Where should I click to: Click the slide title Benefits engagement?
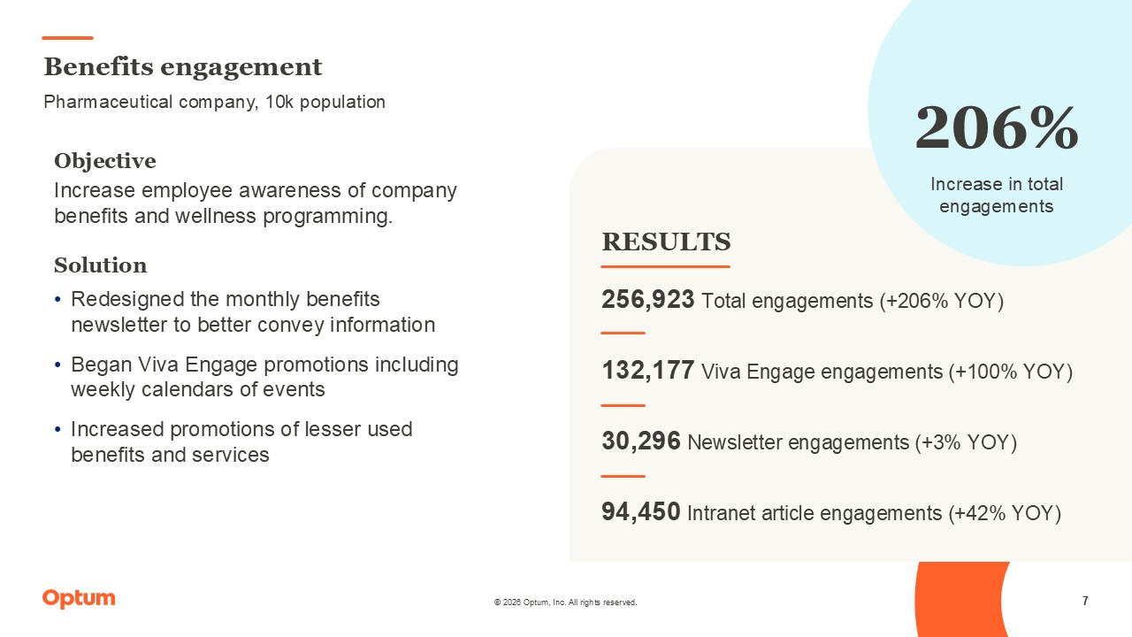pyautogui.click(x=183, y=67)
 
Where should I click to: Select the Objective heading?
pyautogui.click(x=104, y=161)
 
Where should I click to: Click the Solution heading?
pyautogui.click(x=100, y=265)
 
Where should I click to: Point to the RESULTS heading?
pyautogui.click(x=666, y=242)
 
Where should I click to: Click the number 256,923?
pyautogui.click(x=647, y=300)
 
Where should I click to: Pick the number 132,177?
pyautogui.click(x=647, y=371)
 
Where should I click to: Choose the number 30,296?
pyautogui.click(x=640, y=441)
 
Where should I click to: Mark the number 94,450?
pyautogui.click(x=640, y=512)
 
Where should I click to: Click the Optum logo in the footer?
pyautogui.click(x=79, y=599)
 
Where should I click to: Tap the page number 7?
pyautogui.click(x=1085, y=602)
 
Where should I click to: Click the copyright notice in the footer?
pyautogui.click(x=565, y=602)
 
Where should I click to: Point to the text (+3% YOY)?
pyautogui.click(x=966, y=442)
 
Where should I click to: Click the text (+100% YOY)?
pyautogui.click(x=1010, y=372)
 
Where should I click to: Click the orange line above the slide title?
pyautogui.click(x=67, y=38)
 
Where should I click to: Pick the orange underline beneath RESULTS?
pyautogui.click(x=666, y=266)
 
